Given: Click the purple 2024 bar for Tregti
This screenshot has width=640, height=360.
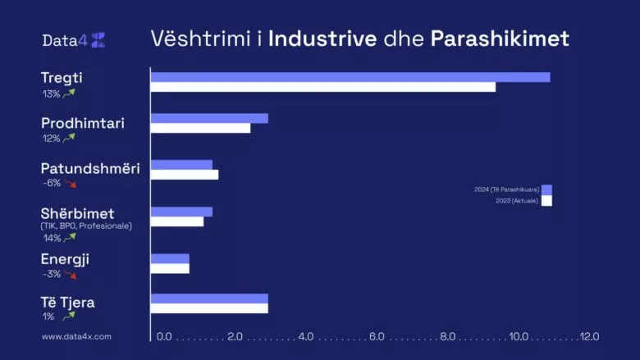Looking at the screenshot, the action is coord(350,77).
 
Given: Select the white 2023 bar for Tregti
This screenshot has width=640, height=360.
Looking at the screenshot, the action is coord(323,87).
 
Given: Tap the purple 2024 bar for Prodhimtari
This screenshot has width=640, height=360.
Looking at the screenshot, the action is coord(209,118).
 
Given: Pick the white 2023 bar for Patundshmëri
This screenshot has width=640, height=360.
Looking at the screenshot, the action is coord(185,175).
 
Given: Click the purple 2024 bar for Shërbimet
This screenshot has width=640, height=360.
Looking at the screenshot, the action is coord(181,212).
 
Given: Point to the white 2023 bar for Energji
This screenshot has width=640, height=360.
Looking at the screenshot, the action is coord(170,269).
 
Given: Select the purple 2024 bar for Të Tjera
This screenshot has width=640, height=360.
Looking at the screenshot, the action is coord(209,298).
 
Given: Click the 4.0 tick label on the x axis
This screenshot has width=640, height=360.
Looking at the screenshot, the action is coord(306,336).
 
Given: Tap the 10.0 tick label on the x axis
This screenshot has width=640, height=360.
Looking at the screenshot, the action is coord(519,336).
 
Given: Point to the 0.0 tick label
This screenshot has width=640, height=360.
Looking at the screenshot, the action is coord(164,336).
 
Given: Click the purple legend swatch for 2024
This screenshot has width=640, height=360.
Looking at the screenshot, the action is coord(546,190).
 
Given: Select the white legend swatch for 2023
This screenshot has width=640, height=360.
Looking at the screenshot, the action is coord(546,201).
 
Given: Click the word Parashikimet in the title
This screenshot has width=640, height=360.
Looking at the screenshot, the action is coord(500,39).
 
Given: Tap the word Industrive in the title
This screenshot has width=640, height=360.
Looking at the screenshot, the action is coord(322,39).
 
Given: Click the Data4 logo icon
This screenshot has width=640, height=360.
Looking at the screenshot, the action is coord(98,40).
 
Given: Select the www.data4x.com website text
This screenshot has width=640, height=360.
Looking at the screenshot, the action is coord(76,337).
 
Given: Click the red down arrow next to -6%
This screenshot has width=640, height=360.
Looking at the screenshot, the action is coord(71,184).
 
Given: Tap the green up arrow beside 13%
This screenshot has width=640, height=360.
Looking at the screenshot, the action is coord(69,93).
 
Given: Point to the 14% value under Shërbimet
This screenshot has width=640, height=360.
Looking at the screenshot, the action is coord(53,238).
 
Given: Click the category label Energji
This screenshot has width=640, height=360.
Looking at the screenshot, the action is coord(65,260).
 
